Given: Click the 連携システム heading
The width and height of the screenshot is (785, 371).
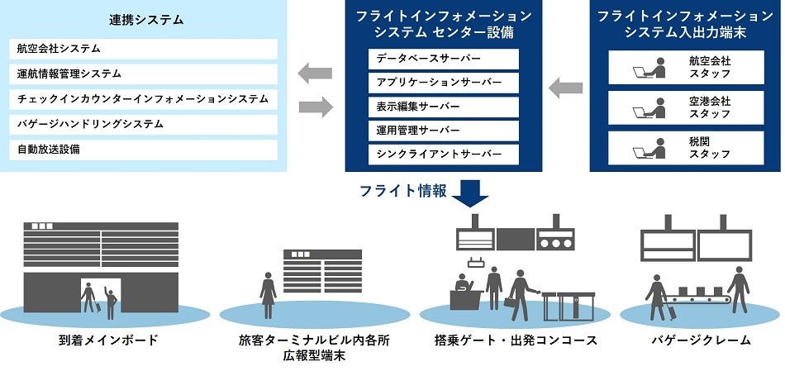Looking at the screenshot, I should [x=146, y=18].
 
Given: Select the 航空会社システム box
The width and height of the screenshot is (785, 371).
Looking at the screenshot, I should [x=145, y=49].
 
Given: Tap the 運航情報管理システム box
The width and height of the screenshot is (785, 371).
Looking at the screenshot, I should [x=145, y=74].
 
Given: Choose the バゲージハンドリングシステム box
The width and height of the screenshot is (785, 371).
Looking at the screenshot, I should [x=145, y=125].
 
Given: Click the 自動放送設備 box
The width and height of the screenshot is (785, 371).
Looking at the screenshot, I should [x=145, y=150].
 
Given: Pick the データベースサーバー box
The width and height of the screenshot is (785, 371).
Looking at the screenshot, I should [x=444, y=59].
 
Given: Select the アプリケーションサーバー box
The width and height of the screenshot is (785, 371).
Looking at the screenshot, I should [x=444, y=83].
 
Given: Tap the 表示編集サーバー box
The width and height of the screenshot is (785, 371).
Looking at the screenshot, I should [x=444, y=107].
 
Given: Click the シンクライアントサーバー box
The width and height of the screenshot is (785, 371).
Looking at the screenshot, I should [x=444, y=155].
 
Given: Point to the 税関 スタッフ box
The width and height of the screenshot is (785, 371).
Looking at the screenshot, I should [x=685, y=148].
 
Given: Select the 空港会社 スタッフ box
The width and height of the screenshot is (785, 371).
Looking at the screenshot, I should [x=685, y=107].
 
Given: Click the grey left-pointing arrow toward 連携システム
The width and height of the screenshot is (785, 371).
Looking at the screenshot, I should [x=315, y=74].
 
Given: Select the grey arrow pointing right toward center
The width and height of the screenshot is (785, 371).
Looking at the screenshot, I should [x=315, y=106].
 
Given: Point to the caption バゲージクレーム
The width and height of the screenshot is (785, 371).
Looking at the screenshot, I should [x=700, y=340].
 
